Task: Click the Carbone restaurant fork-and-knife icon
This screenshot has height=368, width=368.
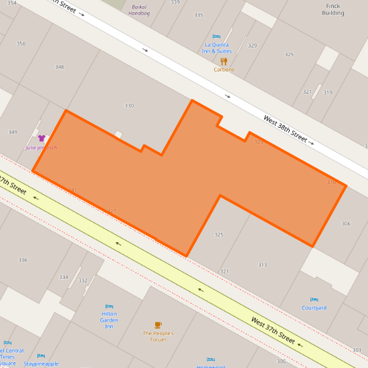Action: [x=223, y=61]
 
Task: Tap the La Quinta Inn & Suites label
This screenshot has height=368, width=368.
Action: [x=217, y=48]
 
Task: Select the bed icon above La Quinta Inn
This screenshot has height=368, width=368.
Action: [x=216, y=37]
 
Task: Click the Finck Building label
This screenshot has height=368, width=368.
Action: [x=333, y=9]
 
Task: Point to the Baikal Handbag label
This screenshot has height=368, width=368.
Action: [x=140, y=9]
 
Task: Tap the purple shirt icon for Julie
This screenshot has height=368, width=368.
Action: [x=41, y=138]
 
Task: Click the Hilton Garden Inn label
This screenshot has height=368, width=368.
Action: [x=109, y=320]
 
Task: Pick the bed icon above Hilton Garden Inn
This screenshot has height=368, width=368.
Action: [x=109, y=306]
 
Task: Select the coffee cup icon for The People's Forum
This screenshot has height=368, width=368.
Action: [x=158, y=325]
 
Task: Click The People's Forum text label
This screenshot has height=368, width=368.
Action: [x=158, y=336]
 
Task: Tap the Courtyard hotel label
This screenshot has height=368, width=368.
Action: [x=314, y=308]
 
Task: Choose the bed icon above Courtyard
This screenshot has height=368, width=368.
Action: [x=314, y=300]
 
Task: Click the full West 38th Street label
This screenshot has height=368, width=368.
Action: [x=285, y=130]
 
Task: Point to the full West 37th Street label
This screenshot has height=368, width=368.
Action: [x=273, y=331]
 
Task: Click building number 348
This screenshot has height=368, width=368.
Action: [x=60, y=67]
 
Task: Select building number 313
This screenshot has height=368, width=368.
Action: [x=262, y=265]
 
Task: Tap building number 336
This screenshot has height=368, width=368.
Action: [x=23, y=260]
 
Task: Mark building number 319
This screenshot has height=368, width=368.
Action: [x=327, y=92]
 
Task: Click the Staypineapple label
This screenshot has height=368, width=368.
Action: [x=41, y=364]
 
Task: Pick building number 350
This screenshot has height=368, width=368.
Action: [x=21, y=43]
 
